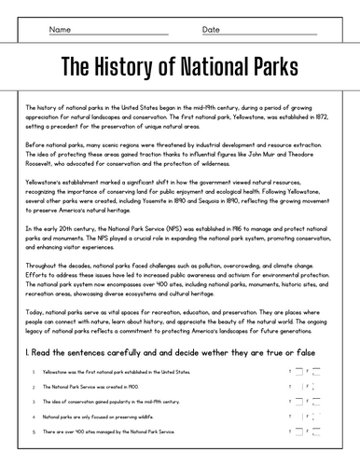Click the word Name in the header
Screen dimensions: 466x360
click(60, 30)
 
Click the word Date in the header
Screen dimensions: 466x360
click(211, 30)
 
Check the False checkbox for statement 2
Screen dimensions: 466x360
click(318, 386)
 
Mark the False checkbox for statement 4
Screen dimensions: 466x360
click(318, 417)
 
